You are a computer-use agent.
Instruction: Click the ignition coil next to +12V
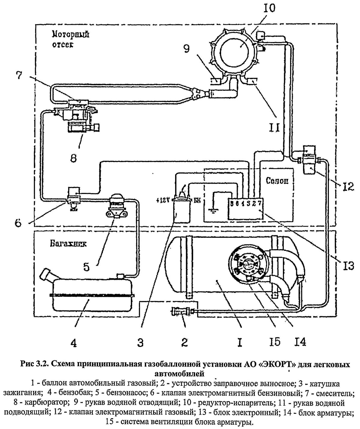pyautogui.click(x=182, y=210)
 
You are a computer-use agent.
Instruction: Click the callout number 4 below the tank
pyautogui.click(x=73, y=342)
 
